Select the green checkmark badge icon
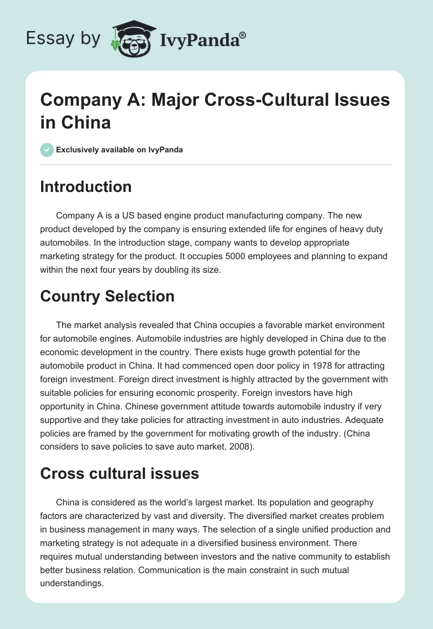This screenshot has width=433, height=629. point(47,150)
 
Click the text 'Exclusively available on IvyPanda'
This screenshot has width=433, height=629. point(120,150)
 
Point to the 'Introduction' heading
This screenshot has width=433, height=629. point(86,187)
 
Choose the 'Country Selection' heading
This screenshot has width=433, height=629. point(107,296)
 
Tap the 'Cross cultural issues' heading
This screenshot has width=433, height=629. point(120,473)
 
